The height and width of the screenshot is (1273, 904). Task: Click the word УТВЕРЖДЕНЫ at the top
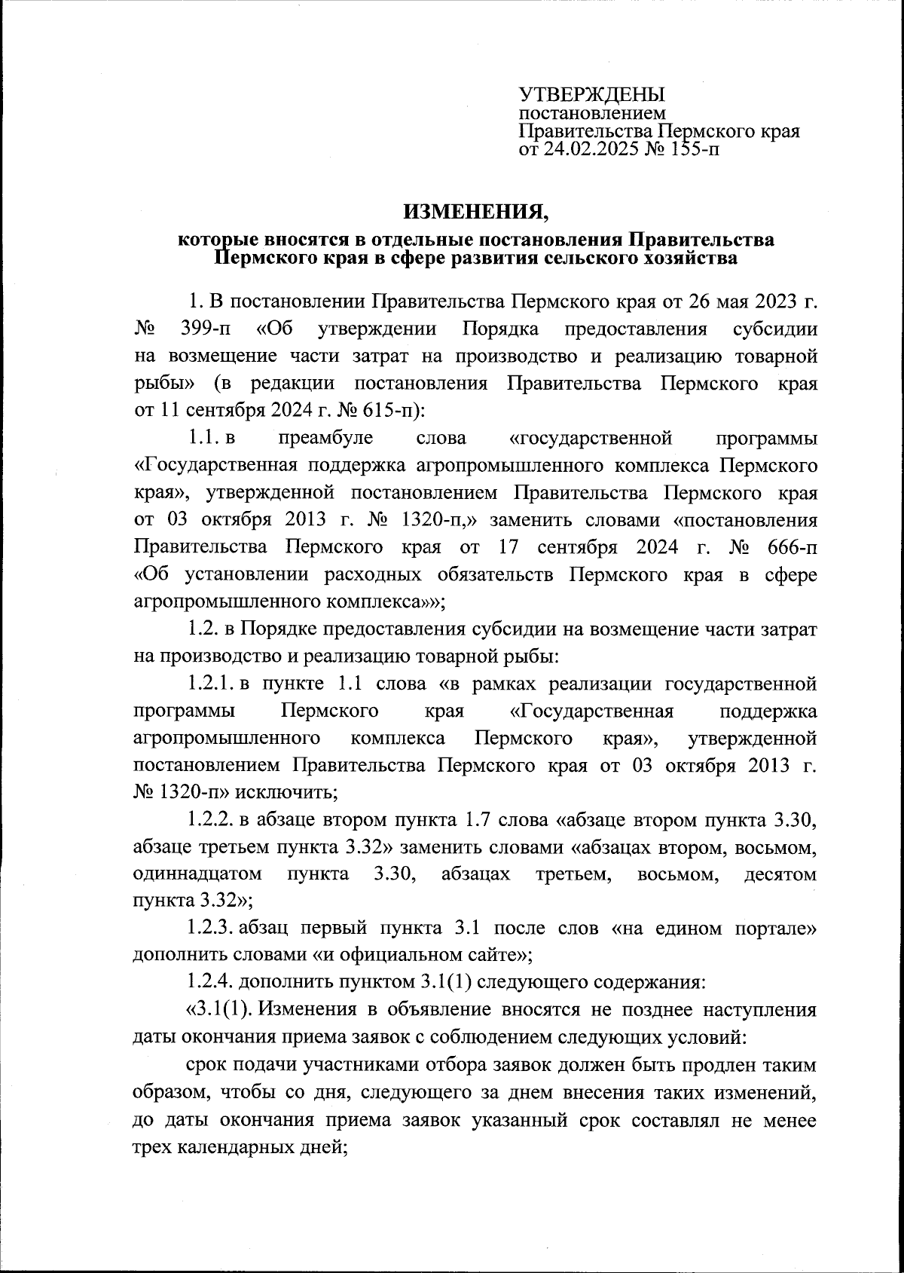(592, 95)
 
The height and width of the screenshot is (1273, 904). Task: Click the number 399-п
(208, 329)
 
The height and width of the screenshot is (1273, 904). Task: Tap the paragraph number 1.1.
(203, 438)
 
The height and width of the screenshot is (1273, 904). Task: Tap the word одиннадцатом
(197, 874)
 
